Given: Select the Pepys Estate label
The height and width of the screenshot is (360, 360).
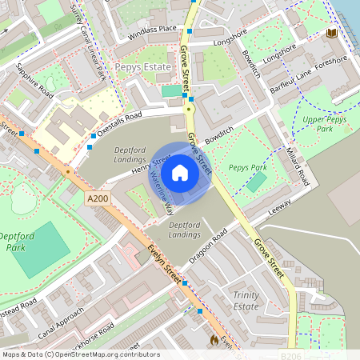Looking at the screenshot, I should coord(142,67).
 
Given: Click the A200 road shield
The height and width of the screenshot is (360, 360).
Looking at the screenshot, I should coord(96,198).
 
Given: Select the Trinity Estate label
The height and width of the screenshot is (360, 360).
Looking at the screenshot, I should coord(246,301).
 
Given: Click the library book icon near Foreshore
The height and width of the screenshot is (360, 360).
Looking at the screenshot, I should coord(332,34).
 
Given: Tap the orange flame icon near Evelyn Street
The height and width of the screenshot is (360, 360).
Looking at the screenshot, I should coord(214,340).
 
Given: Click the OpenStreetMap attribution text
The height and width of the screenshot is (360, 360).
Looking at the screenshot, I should coord(80,354).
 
